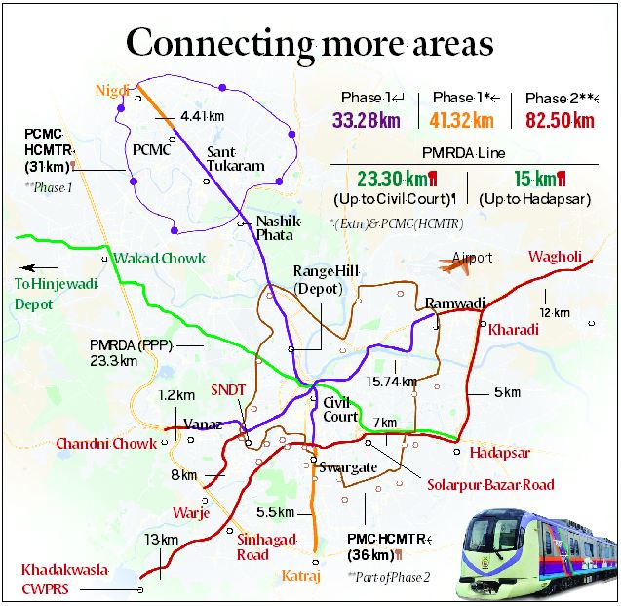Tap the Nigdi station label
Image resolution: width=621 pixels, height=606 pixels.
(x=112, y=92)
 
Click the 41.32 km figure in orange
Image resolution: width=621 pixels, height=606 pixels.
(x=464, y=121)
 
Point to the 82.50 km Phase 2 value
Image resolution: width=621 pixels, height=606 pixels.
(x=560, y=121)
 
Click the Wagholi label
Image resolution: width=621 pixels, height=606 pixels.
(x=555, y=257)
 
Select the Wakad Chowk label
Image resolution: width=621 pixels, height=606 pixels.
(x=152, y=259)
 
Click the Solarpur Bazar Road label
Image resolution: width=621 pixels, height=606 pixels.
(x=489, y=485)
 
